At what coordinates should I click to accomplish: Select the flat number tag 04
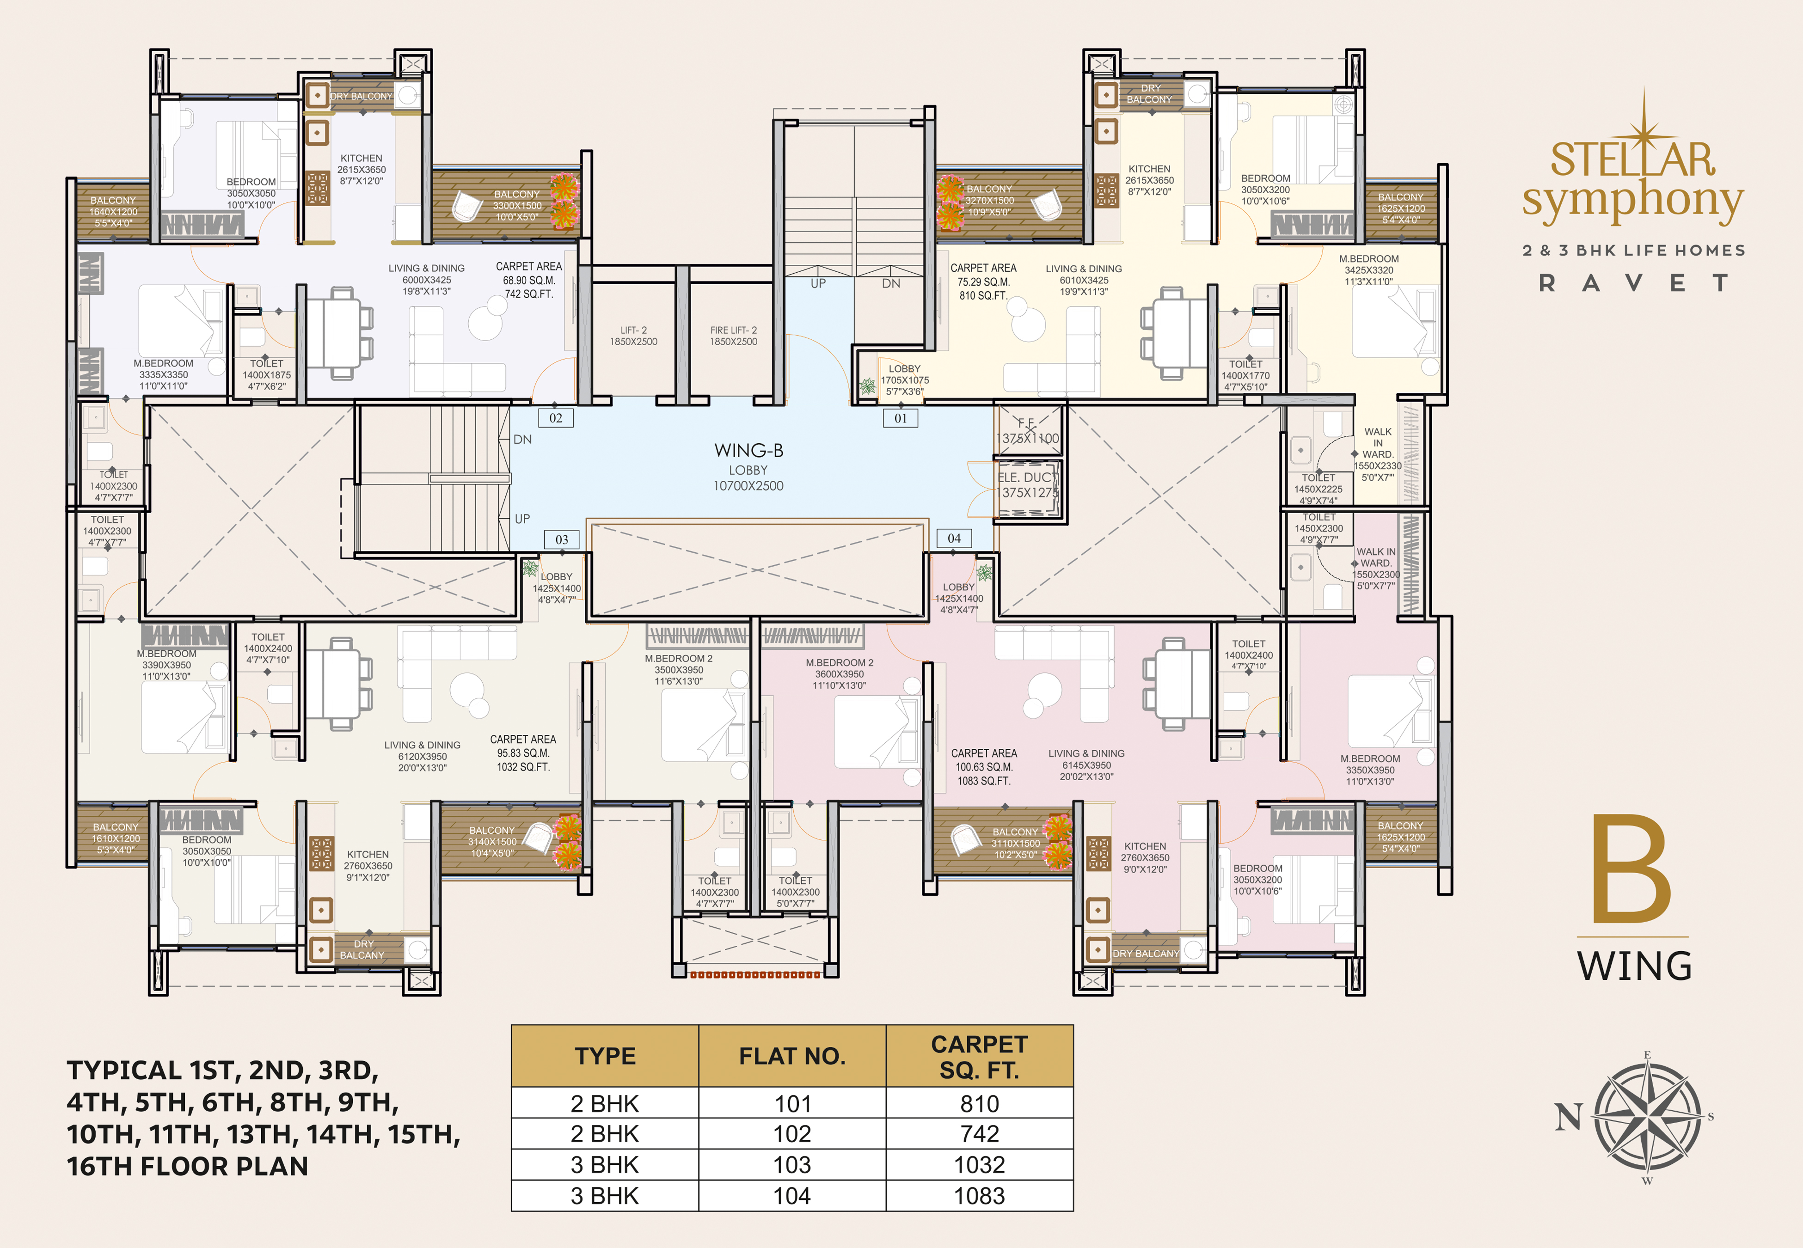pos(954,538)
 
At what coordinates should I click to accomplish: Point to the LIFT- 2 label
pos(633,336)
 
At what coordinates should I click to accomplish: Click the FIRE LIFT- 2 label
pos(733,336)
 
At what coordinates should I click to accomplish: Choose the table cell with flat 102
pos(792,1134)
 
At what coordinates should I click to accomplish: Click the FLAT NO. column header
pos(792,1057)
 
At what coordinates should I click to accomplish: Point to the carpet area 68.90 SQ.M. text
pos(528,280)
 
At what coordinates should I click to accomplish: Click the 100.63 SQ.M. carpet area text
pos(984,767)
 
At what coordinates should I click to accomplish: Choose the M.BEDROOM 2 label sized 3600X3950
pos(839,674)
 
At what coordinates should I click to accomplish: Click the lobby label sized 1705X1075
pos(905,380)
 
